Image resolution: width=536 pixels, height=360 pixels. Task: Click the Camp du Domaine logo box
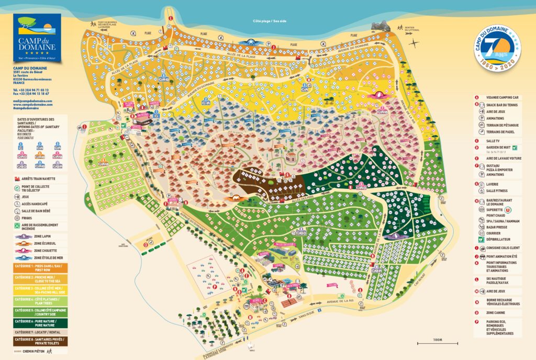(37, 38)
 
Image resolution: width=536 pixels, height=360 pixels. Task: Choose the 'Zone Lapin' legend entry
(39, 237)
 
